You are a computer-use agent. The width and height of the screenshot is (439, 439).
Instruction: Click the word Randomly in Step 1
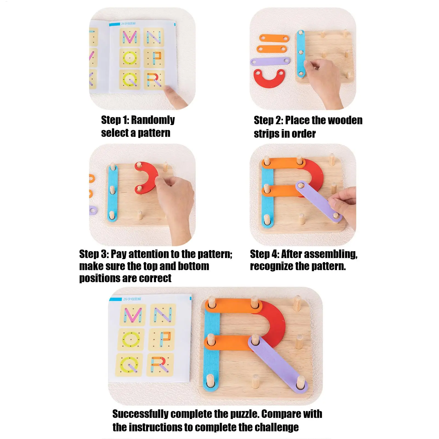click(x=153, y=120)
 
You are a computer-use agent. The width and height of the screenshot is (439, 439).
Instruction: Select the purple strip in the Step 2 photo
click(x=270, y=61)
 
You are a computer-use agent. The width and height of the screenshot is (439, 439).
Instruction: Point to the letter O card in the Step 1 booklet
click(x=130, y=58)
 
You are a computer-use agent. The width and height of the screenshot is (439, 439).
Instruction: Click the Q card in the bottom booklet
click(x=129, y=365)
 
